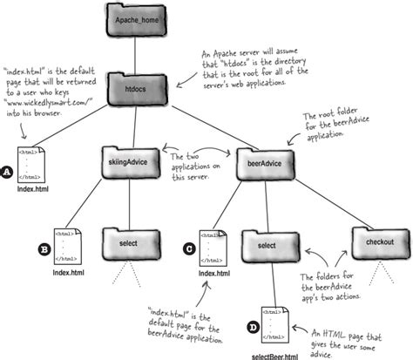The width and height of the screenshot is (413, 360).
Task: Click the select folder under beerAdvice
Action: (266, 223)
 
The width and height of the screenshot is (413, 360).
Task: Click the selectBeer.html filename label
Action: (274, 354)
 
